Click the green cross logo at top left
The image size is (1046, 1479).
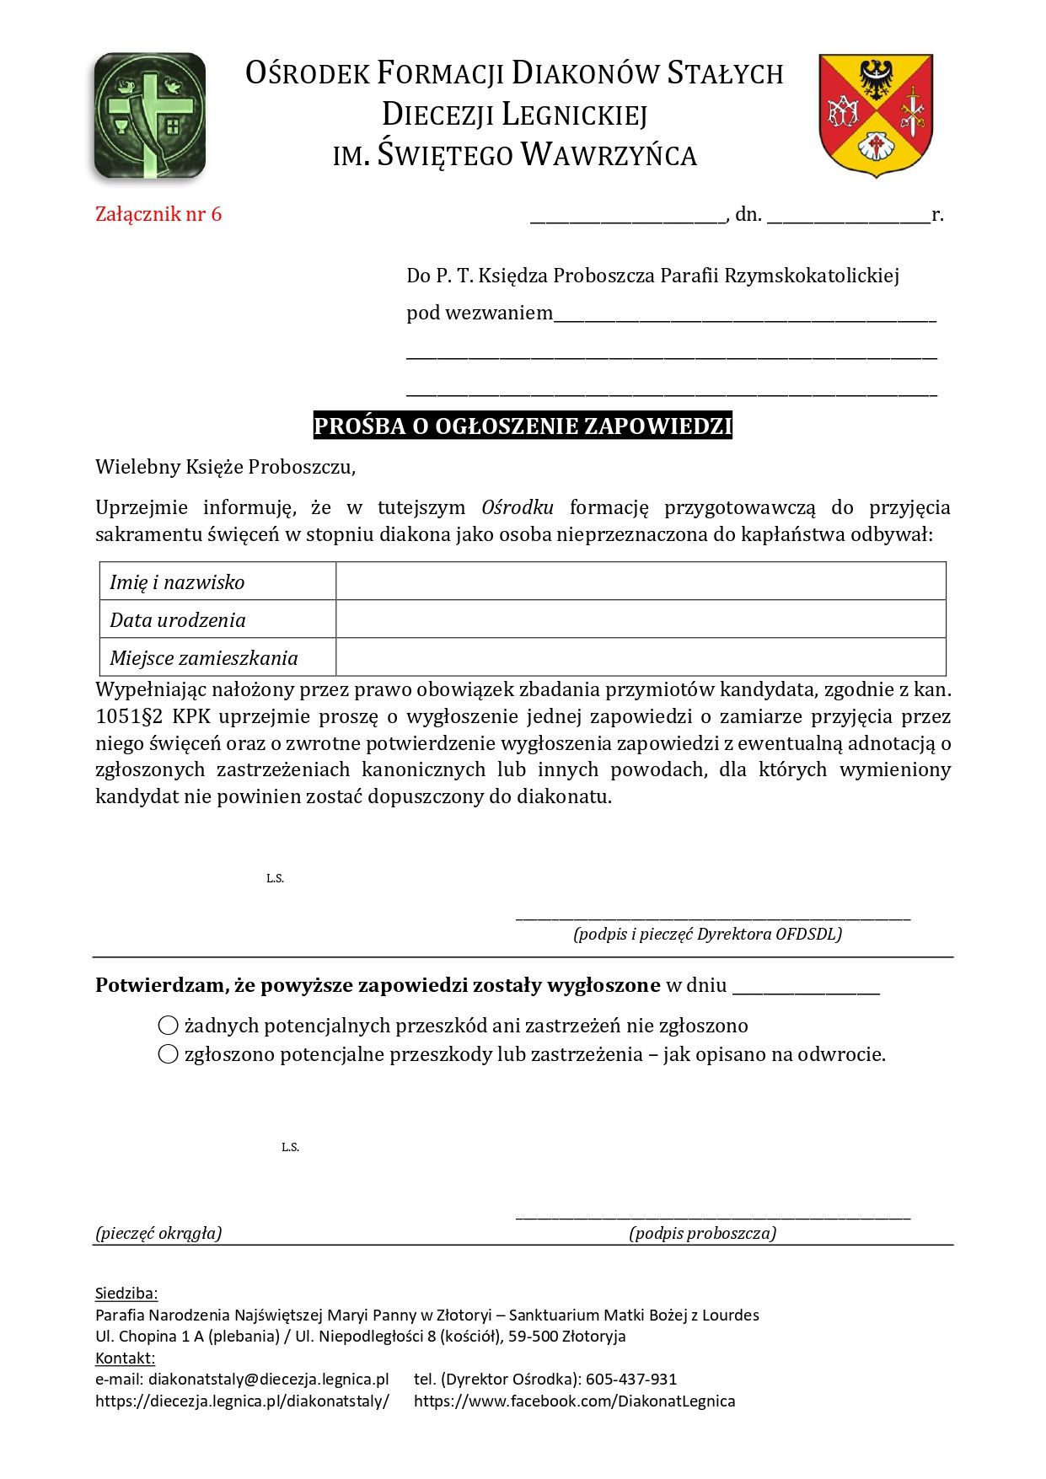[x=150, y=115]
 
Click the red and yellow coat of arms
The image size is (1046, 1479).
[x=876, y=114]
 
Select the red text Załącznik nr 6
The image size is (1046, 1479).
[x=158, y=214]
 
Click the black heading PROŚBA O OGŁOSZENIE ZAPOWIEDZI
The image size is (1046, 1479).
[x=523, y=426]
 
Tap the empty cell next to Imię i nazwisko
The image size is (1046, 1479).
[x=641, y=581]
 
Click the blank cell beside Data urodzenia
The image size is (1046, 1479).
[x=641, y=619]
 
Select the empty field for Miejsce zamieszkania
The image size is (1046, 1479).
[x=641, y=657]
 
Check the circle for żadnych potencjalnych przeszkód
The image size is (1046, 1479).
[x=169, y=1026]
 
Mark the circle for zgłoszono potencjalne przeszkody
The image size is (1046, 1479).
[x=169, y=1054]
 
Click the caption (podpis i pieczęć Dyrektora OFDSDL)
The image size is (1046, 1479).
[x=707, y=934]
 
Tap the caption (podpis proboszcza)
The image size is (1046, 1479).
[x=702, y=1233]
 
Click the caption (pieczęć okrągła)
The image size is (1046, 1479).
[x=158, y=1233]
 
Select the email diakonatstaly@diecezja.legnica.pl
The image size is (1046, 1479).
[x=268, y=1380]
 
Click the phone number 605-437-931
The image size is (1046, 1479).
[x=631, y=1380]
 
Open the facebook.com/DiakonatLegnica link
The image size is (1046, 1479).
[x=574, y=1401]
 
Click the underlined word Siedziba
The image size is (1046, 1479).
[x=126, y=1294]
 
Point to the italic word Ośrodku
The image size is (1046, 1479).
[x=518, y=507]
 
